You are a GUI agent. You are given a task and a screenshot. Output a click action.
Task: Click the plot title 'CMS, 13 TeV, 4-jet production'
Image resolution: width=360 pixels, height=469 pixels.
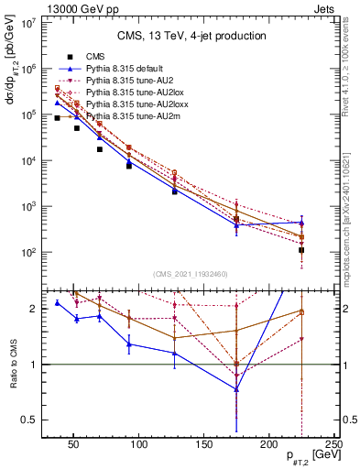point(191,36)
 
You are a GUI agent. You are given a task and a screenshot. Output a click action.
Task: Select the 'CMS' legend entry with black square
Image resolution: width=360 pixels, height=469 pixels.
point(83,57)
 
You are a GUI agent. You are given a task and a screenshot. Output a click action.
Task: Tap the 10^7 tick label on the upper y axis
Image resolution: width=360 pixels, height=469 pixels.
point(28,23)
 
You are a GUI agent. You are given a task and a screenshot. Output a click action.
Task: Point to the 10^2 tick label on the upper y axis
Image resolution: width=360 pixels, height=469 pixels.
point(28,252)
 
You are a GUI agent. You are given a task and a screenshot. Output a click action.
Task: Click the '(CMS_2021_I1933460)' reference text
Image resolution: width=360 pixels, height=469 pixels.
point(191,274)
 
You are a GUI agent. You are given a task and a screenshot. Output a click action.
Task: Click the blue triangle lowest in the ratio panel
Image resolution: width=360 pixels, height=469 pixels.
point(237,389)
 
